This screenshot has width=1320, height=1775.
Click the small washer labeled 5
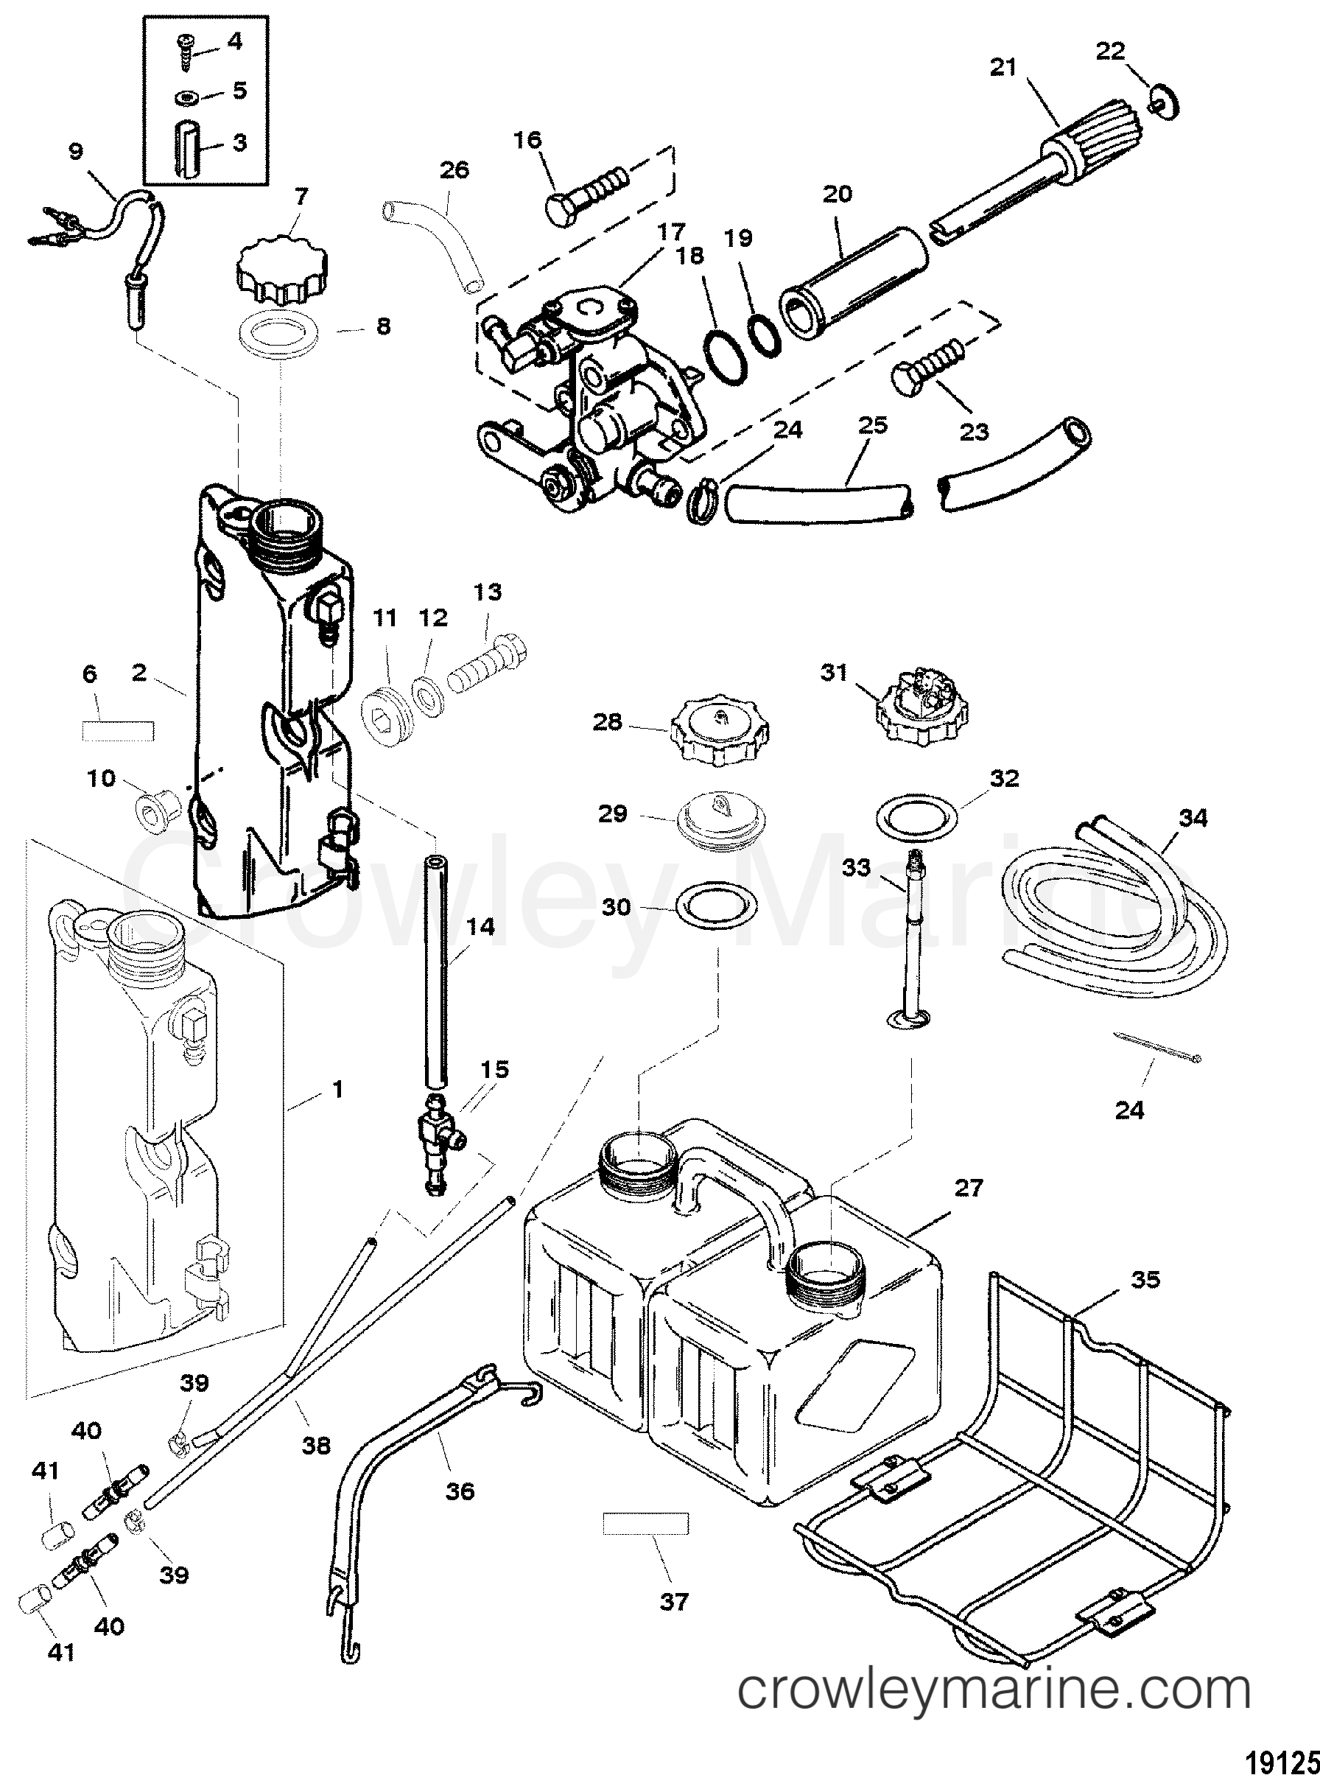pos(186,97)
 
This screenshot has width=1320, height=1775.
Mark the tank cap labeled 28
pos(719,734)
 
